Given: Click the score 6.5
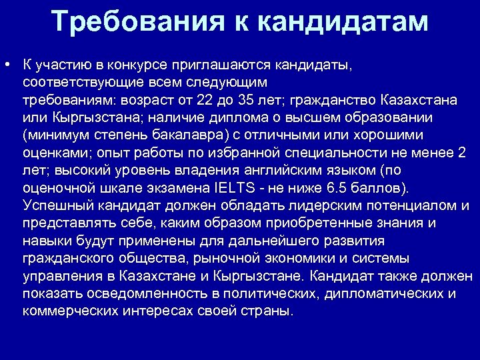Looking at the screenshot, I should (x=351, y=187).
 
